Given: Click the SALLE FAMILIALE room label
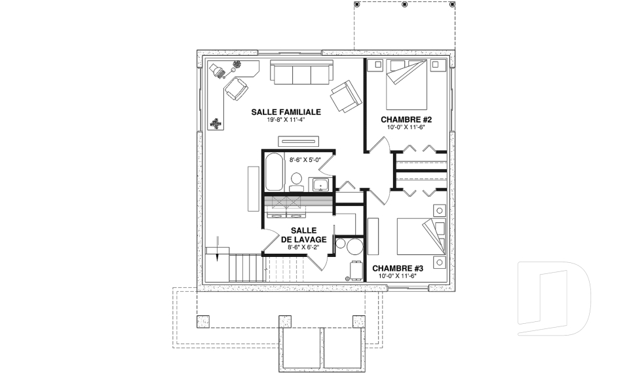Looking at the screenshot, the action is pos(286,112).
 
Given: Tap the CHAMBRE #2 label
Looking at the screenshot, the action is pos(406,120).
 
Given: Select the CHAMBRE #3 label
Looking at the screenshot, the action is pos(398,269).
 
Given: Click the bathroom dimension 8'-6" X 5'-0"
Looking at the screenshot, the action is pos(305,160).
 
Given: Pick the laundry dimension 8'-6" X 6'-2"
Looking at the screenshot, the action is pos(303,247).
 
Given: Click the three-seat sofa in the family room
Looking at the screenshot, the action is pos(301,72).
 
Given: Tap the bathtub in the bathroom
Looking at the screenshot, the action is pos(275,172).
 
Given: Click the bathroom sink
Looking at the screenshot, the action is pos(321,185).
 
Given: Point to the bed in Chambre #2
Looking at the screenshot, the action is pos(406,85).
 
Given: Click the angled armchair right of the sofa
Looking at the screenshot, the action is pos(345,96).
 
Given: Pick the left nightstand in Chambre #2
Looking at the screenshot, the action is pos(377,64).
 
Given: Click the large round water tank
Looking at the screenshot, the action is pos(354,246).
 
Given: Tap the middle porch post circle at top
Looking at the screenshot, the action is pos(405,5).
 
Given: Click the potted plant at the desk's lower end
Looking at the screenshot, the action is pos(216,124).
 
